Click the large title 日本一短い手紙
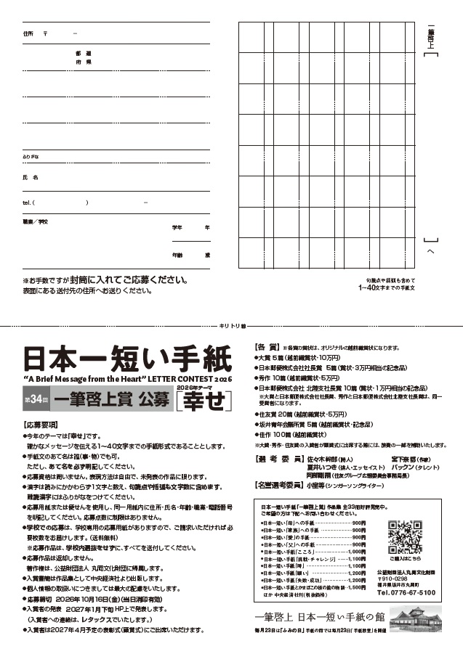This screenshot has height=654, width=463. tap(126, 359)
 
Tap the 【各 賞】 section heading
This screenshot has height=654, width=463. tap(266, 348)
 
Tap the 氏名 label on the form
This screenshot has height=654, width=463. tap(30, 177)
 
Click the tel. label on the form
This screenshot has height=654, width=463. tap(27, 203)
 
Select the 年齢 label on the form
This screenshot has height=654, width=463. tap(177, 255)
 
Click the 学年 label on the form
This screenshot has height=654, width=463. tap(177, 227)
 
